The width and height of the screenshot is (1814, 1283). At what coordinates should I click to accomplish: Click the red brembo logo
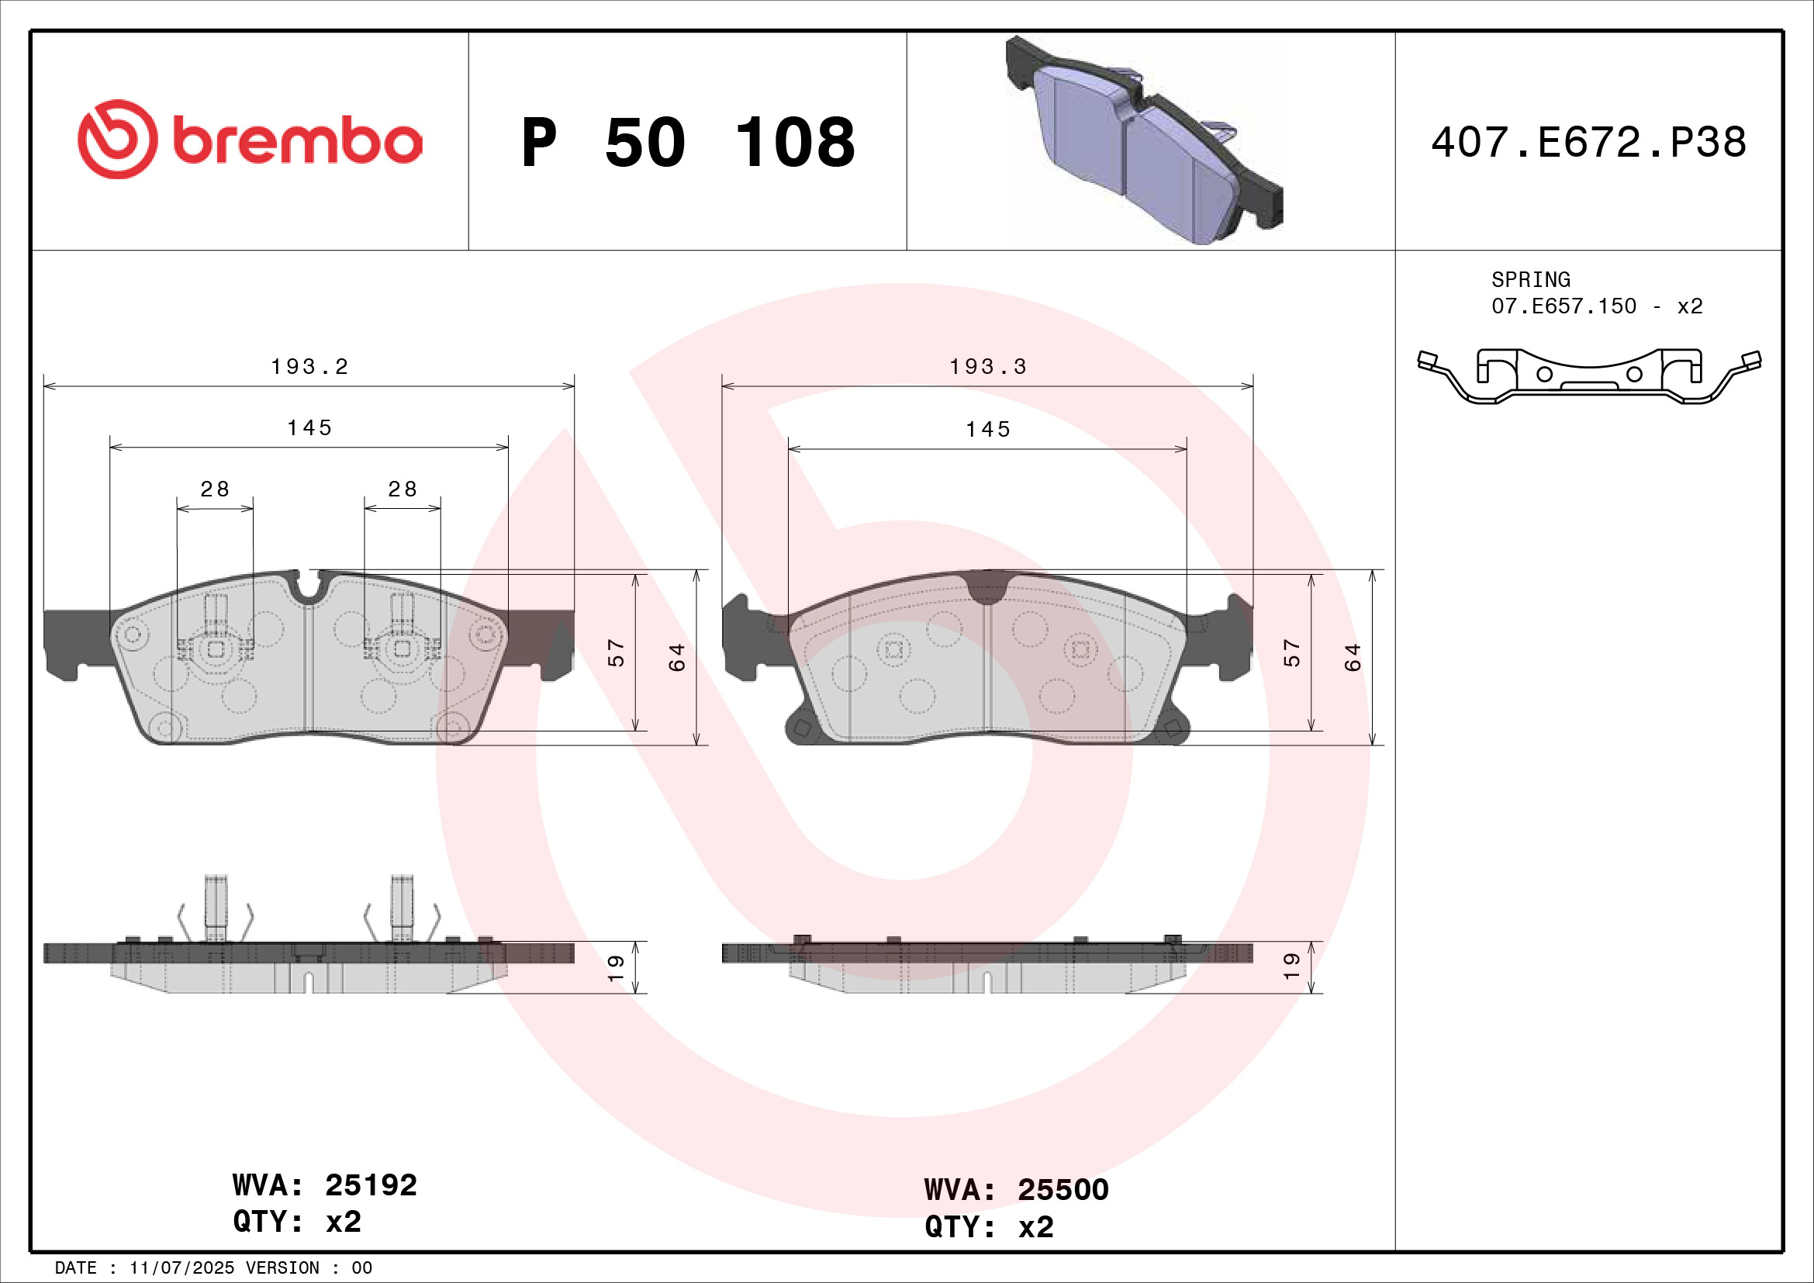[x=250, y=140]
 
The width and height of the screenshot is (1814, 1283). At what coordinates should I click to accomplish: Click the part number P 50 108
[x=687, y=143]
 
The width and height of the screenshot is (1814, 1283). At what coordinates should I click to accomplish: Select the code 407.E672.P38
[x=1588, y=142]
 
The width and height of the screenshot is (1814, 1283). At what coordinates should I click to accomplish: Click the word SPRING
[x=1529, y=280]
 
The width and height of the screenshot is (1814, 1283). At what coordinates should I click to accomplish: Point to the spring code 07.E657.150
[x=1563, y=306]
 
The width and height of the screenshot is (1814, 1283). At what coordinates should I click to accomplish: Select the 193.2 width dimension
[x=309, y=367]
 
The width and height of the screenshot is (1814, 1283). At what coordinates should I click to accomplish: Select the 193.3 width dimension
[x=987, y=367]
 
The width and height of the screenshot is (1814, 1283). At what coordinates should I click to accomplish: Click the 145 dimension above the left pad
[x=309, y=428]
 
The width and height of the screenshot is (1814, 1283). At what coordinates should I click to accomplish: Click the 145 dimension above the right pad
[x=987, y=430]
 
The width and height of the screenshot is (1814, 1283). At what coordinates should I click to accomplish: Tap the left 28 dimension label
[x=215, y=489]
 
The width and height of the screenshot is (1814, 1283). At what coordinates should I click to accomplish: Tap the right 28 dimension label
[x=403, y=489]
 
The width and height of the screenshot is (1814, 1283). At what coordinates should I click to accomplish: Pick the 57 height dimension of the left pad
[x=617, y=652]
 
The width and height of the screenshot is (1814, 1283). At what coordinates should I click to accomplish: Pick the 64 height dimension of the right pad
[x=1353, y=657]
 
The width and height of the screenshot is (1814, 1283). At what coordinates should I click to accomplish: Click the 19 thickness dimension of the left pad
[x=617, y=967]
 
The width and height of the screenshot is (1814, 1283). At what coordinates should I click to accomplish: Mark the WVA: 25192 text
[x=325, y=1185]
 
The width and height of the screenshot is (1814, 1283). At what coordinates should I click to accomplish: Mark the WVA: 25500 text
[x=1016, y=1190]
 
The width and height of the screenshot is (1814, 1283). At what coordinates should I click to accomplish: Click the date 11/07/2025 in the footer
[x=181, y=1268]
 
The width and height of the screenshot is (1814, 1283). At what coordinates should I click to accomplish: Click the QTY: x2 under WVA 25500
[x=989, y=1227]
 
